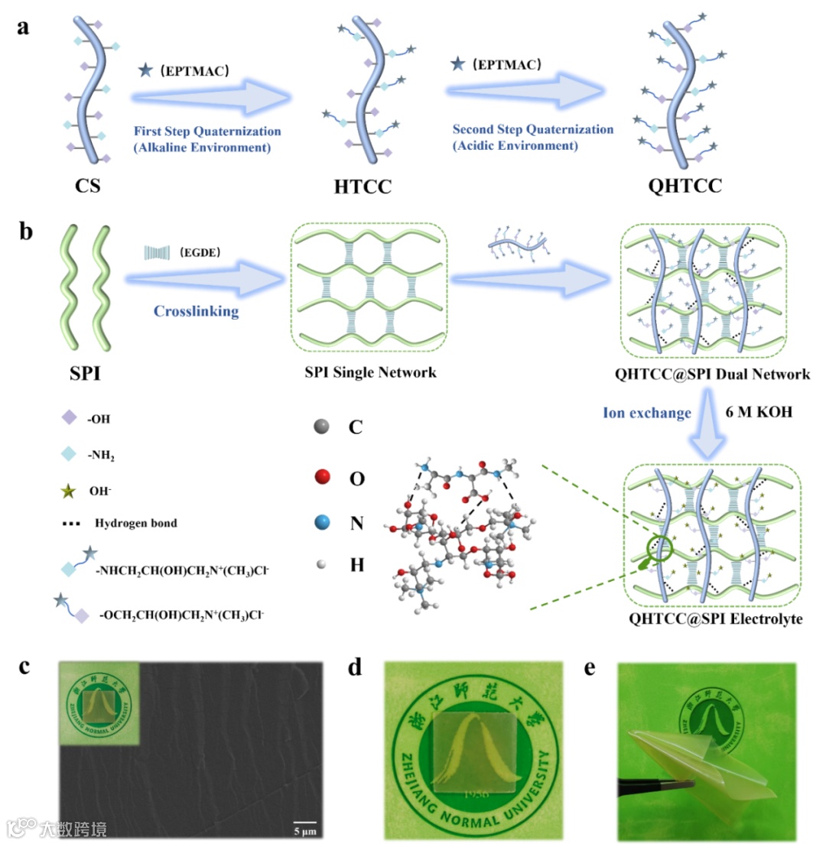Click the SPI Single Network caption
click(370, 374)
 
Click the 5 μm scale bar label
click(305, 830)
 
